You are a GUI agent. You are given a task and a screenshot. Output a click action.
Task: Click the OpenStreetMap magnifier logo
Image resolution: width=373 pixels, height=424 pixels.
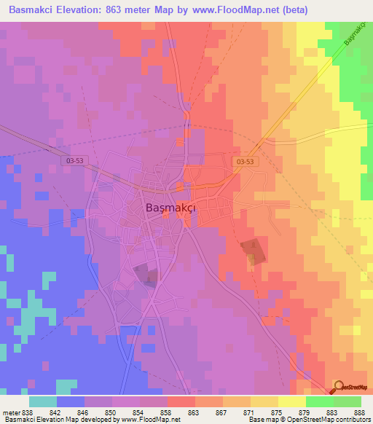[x=339, y=386]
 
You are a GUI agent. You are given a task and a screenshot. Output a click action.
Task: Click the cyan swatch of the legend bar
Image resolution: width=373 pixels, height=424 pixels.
[x=43, y=401]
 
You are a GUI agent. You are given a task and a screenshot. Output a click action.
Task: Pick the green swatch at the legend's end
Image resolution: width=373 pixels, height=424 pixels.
[x=347, y=401]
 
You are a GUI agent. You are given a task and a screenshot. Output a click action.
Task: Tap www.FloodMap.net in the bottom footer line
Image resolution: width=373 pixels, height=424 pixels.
[x=149, y=420]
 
